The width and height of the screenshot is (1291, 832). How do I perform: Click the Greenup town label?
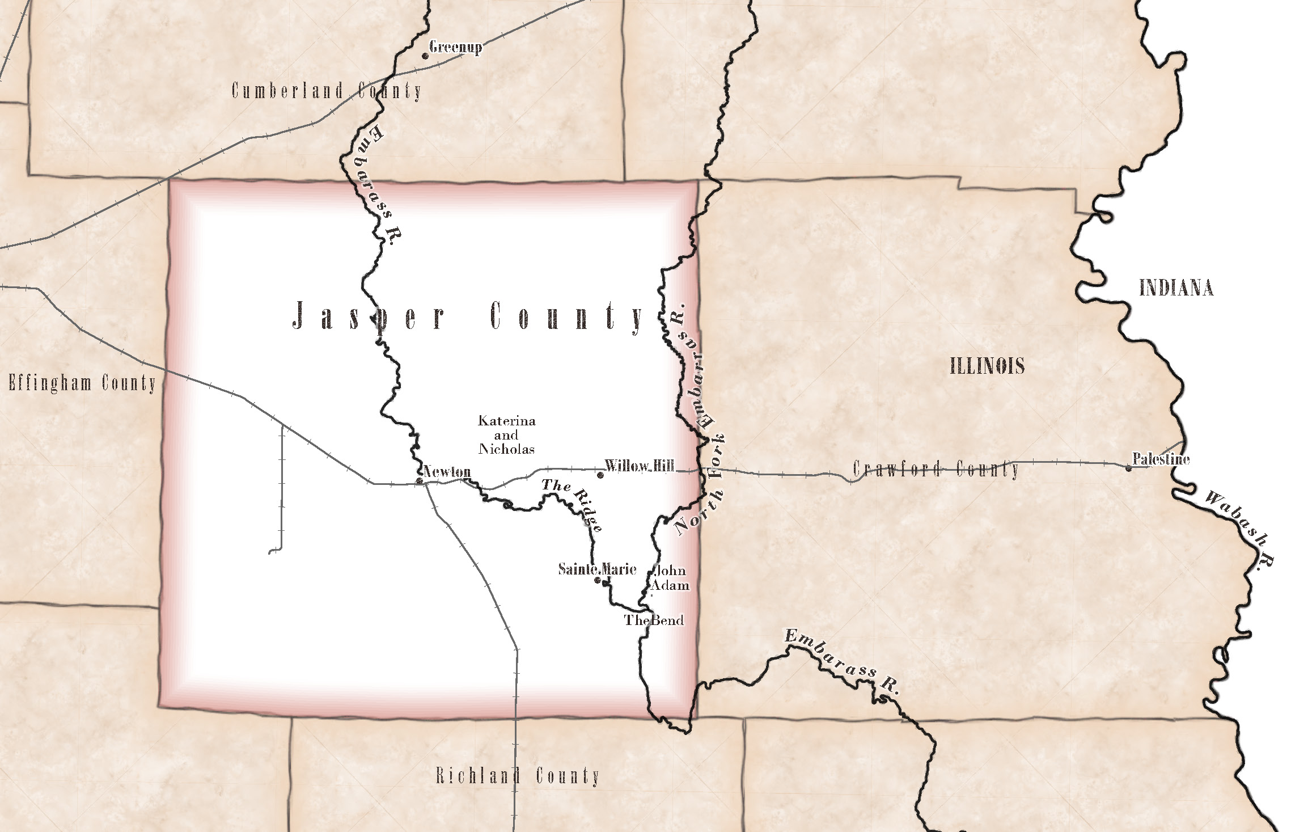(455, 47)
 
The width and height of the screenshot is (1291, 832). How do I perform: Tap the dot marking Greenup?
(425, 56)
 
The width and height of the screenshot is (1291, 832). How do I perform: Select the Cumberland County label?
(327, 91)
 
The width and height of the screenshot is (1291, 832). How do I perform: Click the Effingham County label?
(82, 383)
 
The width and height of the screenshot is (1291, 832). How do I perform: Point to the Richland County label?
(517, 776)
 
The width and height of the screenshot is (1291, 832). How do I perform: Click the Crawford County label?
(936, 469)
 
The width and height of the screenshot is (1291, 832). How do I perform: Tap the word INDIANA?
(1176, 288)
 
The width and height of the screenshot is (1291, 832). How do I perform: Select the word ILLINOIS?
(987, 366)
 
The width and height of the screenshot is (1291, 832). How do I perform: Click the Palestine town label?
(1161, 459)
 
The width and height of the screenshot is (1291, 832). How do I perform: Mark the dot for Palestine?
(1128, 468)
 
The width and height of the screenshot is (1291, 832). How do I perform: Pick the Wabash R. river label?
(1239, 529)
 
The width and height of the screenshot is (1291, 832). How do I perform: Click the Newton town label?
(447, 471)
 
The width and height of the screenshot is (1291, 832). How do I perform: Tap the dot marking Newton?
(420, 481)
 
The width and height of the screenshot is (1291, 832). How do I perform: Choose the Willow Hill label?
(640, 466)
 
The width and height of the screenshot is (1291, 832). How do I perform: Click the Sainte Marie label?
(597, 569)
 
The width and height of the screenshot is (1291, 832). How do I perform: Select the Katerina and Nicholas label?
(506, 435)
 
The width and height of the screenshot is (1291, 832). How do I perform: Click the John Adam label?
(670, 578)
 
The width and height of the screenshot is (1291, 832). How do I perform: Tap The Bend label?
(654, 620)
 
